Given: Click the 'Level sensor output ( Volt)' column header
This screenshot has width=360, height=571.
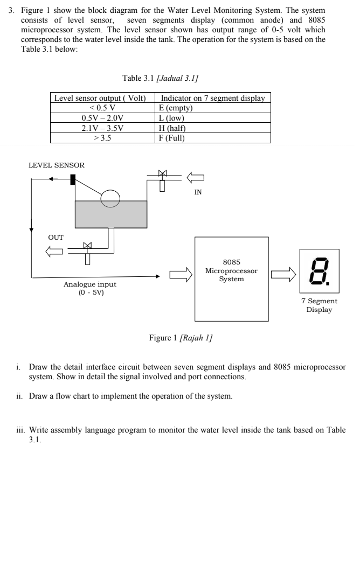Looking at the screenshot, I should click(x=102, y=98).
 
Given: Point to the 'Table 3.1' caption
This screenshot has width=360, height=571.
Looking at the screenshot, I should click(x=160, y=79).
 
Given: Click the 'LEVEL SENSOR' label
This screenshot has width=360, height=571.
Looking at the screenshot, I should click(x=57, y=163).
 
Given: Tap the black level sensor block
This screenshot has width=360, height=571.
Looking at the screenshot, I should click(x=73, y=179).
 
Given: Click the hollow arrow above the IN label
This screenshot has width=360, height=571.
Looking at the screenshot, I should click(x=196, y=177).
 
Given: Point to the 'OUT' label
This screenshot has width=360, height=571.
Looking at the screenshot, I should click(x=56, y=237).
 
